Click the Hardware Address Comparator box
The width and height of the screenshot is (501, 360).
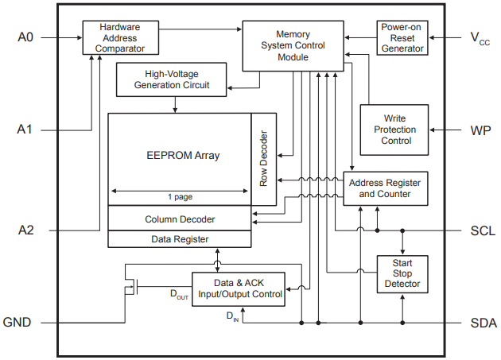click(120, 37)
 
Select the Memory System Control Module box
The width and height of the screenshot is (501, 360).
click(293, 46)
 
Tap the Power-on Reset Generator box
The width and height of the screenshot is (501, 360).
click(401, 37)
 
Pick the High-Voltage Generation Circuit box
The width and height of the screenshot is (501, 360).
click(172, 79)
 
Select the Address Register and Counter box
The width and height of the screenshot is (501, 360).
click(385, 188)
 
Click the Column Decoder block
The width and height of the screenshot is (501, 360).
click(179, 219)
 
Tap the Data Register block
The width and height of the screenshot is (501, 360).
click(179, 238)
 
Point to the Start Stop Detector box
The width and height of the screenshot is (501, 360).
click(402, 273)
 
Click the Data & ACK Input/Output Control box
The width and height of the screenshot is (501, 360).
click(238, 288)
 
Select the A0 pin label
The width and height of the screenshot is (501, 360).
click(25, 37)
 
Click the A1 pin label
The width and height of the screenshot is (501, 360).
click(25, 130)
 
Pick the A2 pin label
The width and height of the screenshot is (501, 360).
click(25, 230)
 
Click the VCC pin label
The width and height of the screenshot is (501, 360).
click(480, 37)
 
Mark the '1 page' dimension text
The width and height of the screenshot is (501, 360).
click(179, 197)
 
